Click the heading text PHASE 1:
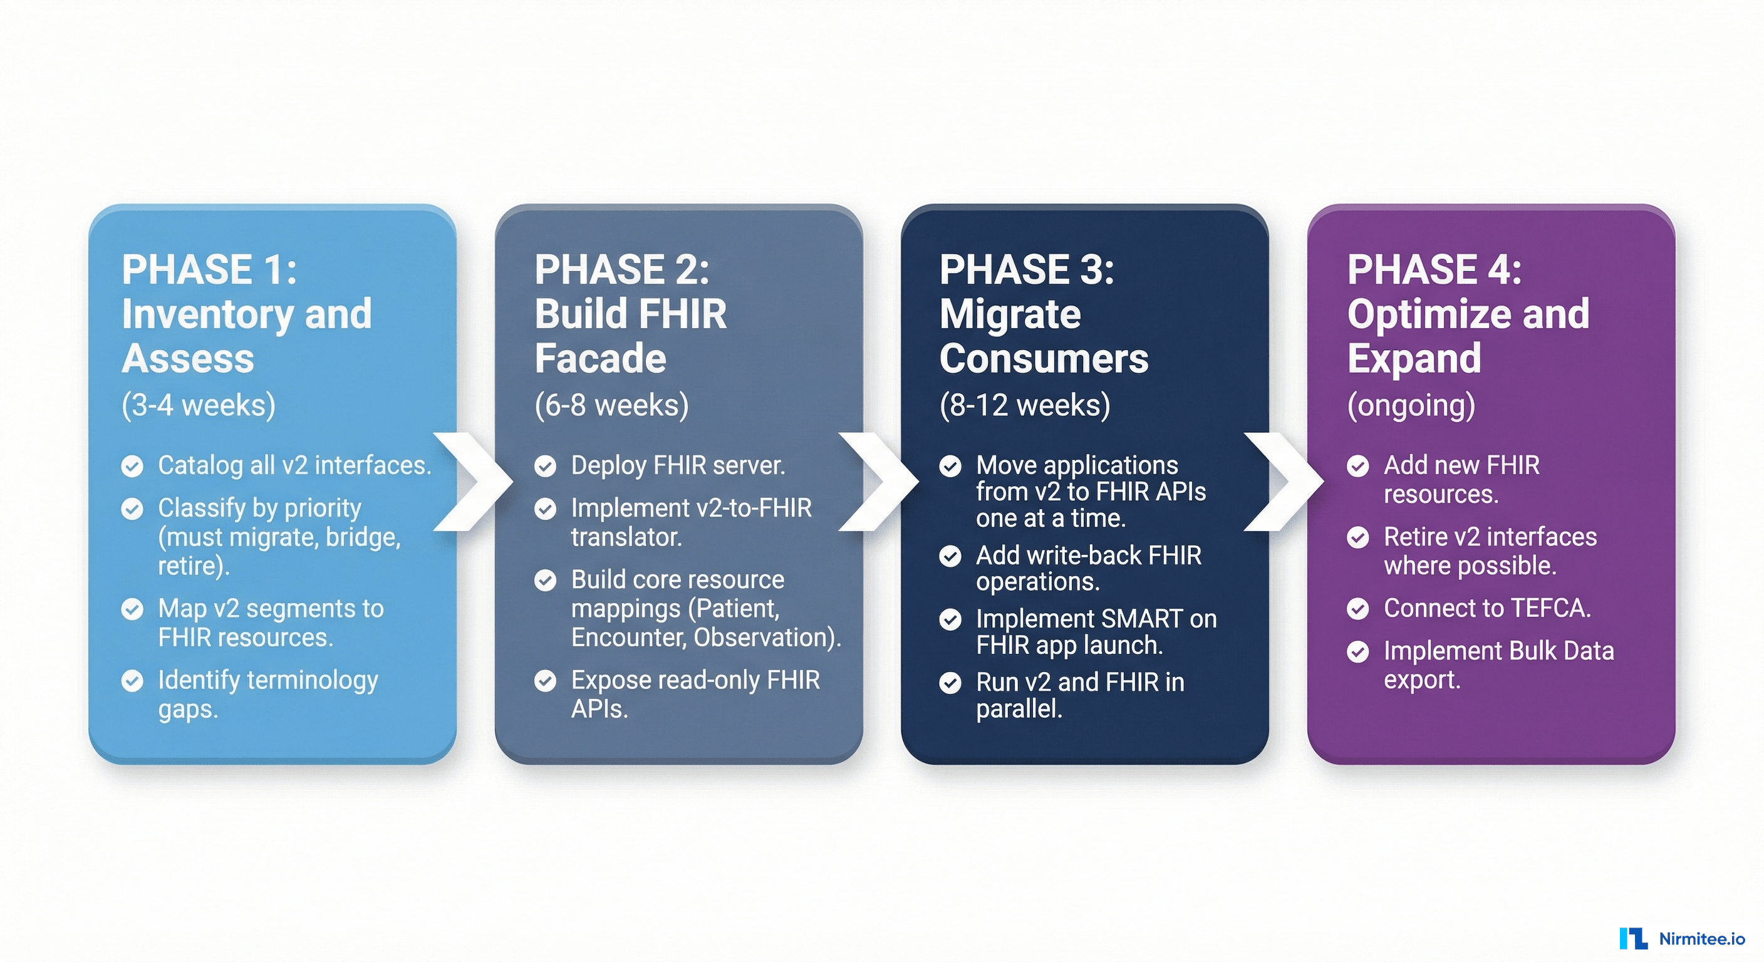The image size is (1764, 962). (209, 269)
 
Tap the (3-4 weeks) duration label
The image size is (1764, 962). (199, 405)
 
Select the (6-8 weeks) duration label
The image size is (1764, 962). (611, 405)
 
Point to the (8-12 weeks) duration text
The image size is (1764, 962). (1024, 405)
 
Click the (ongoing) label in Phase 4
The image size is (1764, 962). (1411, 405)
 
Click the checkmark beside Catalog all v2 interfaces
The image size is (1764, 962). (132, 466)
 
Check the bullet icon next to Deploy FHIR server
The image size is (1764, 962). (545, 466)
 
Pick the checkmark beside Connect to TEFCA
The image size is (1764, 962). (1358, 609)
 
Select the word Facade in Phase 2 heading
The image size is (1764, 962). (600, 358)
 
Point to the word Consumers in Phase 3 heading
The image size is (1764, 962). (1044, 358)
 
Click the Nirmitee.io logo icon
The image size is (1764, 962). (1633, 938)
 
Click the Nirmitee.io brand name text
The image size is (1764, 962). (1702, 939)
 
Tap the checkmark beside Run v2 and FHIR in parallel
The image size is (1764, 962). (950, 683)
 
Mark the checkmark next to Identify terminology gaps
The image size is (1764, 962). (132, 681)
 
